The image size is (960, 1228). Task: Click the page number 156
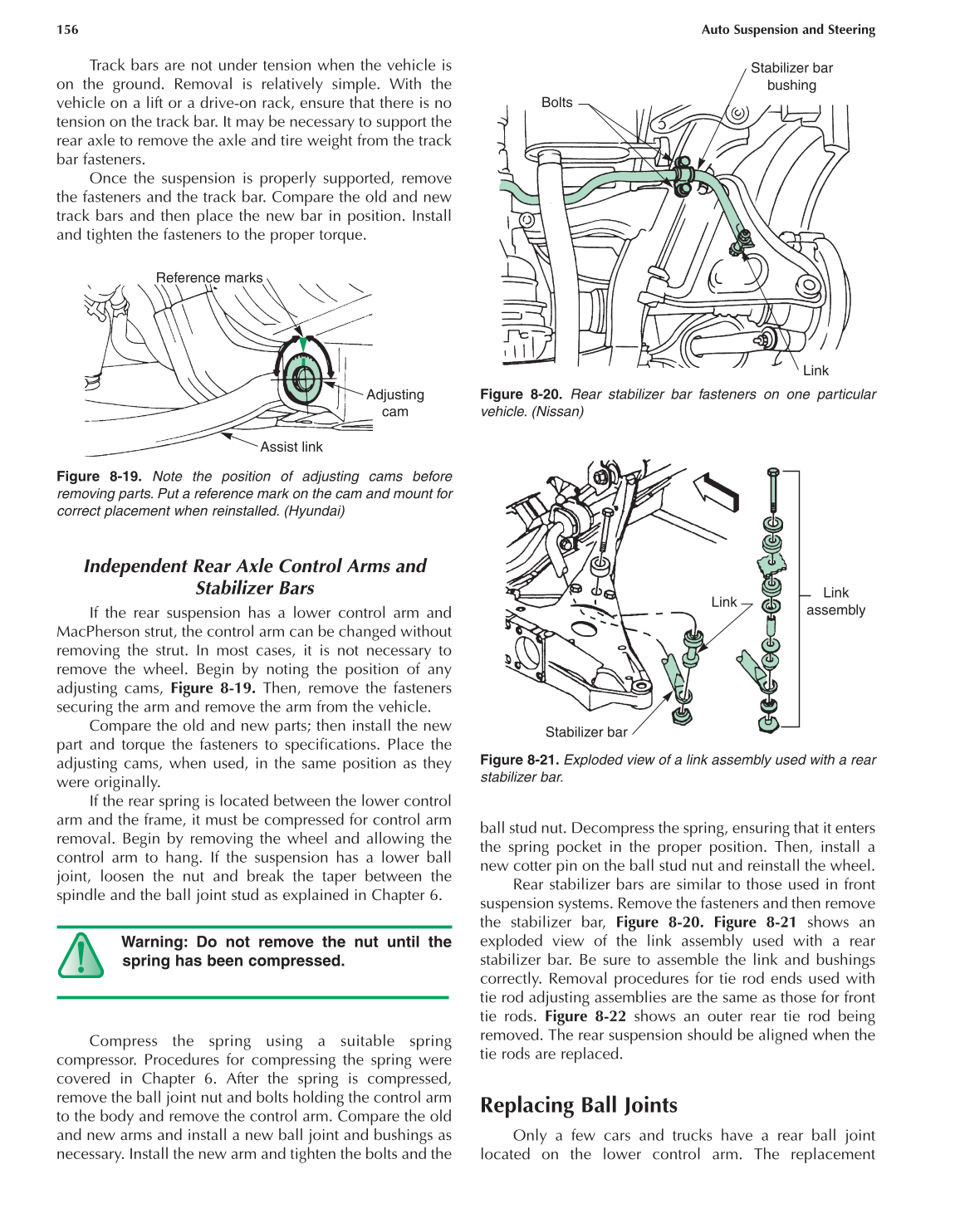pyautogui.click(x=67, y=30)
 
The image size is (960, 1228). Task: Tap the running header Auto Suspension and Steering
pyautogui.click(x=787, y=30)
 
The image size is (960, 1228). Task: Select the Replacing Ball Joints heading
pyautogui.click(x=578, y=1105)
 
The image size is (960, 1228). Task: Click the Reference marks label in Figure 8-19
pyautogui.click(x=208, y=278)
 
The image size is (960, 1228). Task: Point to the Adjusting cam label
pyautogui.click(x=395, y=403)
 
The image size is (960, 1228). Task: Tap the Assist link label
pyautogui.click(x=291, y=447)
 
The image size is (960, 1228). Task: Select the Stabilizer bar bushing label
pyautogui.click(x=791, y=76)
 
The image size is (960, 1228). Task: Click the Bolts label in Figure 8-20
pyautogui.click(x=556, y=103)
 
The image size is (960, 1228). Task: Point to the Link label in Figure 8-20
pyautogui.click(x=815, y=370)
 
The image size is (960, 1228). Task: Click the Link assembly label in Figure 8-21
pyautogui.click(x=835, y=601)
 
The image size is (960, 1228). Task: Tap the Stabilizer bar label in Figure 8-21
pyautogui.click(x=585, y=731)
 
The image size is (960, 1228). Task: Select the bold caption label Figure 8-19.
pyautogui.click(x=99, y=477)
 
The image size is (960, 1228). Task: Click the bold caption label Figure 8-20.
pyautogui.click(x=521, y=395)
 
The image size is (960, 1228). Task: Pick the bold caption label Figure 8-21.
pyautogui.click(x=521, y=760)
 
